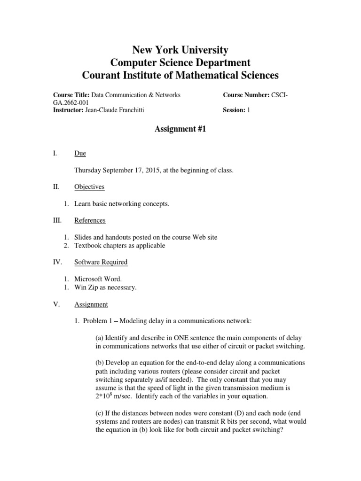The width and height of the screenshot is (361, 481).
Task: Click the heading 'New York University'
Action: coord(180,50)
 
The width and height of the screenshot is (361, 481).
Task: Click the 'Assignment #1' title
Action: coord(180,130)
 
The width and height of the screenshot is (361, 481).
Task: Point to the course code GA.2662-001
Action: coord(71,102)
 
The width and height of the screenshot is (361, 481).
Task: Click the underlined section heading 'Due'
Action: coord(80,153)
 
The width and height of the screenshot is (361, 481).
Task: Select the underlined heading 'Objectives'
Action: coord(89,187)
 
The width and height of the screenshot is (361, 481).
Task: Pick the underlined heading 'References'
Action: coord(90,220)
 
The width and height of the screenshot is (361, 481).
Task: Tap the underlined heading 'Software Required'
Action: coord(101,262)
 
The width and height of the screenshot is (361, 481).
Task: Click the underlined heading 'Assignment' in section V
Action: coord(91,304)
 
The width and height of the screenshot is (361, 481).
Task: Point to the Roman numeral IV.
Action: coord(57,262)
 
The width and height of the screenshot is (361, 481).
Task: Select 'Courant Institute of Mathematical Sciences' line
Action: coord(180,75)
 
